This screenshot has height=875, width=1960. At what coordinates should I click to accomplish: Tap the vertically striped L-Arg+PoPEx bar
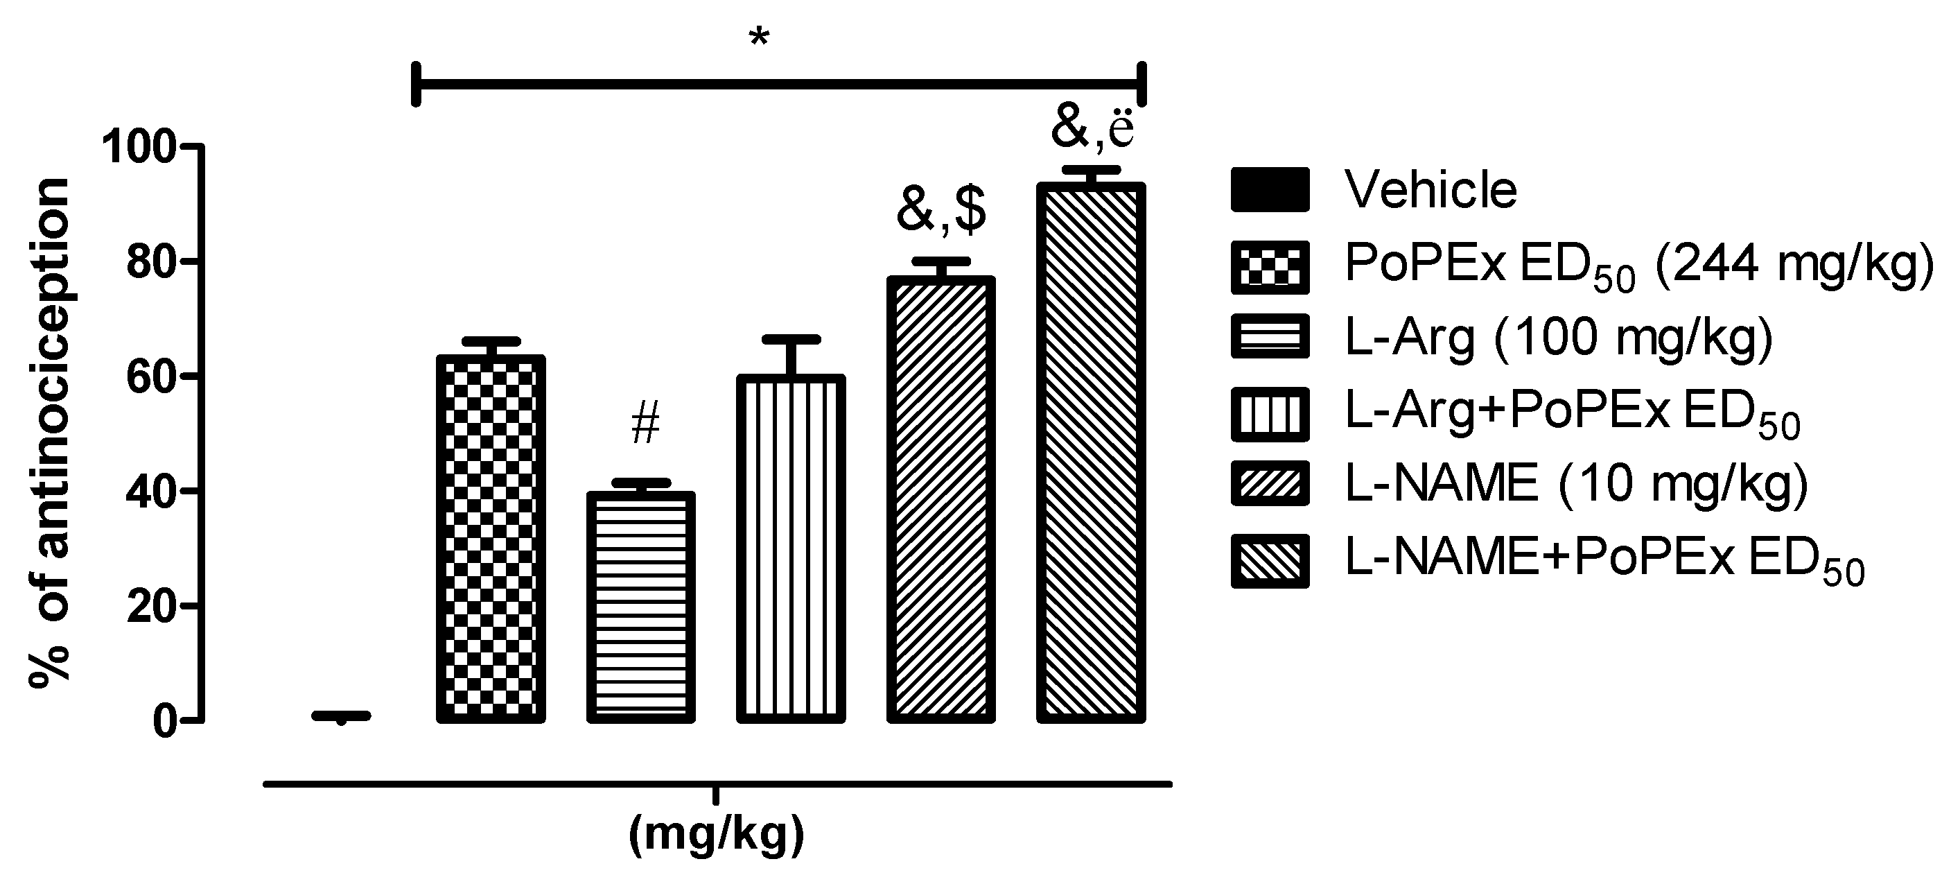pos(791,548)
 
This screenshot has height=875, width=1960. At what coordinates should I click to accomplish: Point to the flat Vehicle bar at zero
pos(341,716)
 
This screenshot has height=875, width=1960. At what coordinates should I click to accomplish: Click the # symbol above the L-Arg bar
pos(645,424)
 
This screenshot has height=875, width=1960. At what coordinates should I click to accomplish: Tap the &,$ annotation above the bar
pos(941,211)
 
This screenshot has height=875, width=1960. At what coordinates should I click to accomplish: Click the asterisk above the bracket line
pos(759,38)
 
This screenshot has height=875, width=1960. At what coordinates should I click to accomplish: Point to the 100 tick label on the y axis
pos(140,146)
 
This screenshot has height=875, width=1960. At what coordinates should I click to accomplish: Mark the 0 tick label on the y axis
pos(166,720)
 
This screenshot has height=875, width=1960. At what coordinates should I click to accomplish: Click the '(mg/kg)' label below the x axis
pos(716,835)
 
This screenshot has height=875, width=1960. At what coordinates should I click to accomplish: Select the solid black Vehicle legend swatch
pos(1269,189)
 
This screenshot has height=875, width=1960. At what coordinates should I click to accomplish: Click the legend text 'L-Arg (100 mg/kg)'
pos(1559,336)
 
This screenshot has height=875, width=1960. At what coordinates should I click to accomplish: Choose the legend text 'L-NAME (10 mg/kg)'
pos(1577,483)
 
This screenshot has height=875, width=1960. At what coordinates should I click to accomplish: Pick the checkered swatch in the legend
pos(1269,268)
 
